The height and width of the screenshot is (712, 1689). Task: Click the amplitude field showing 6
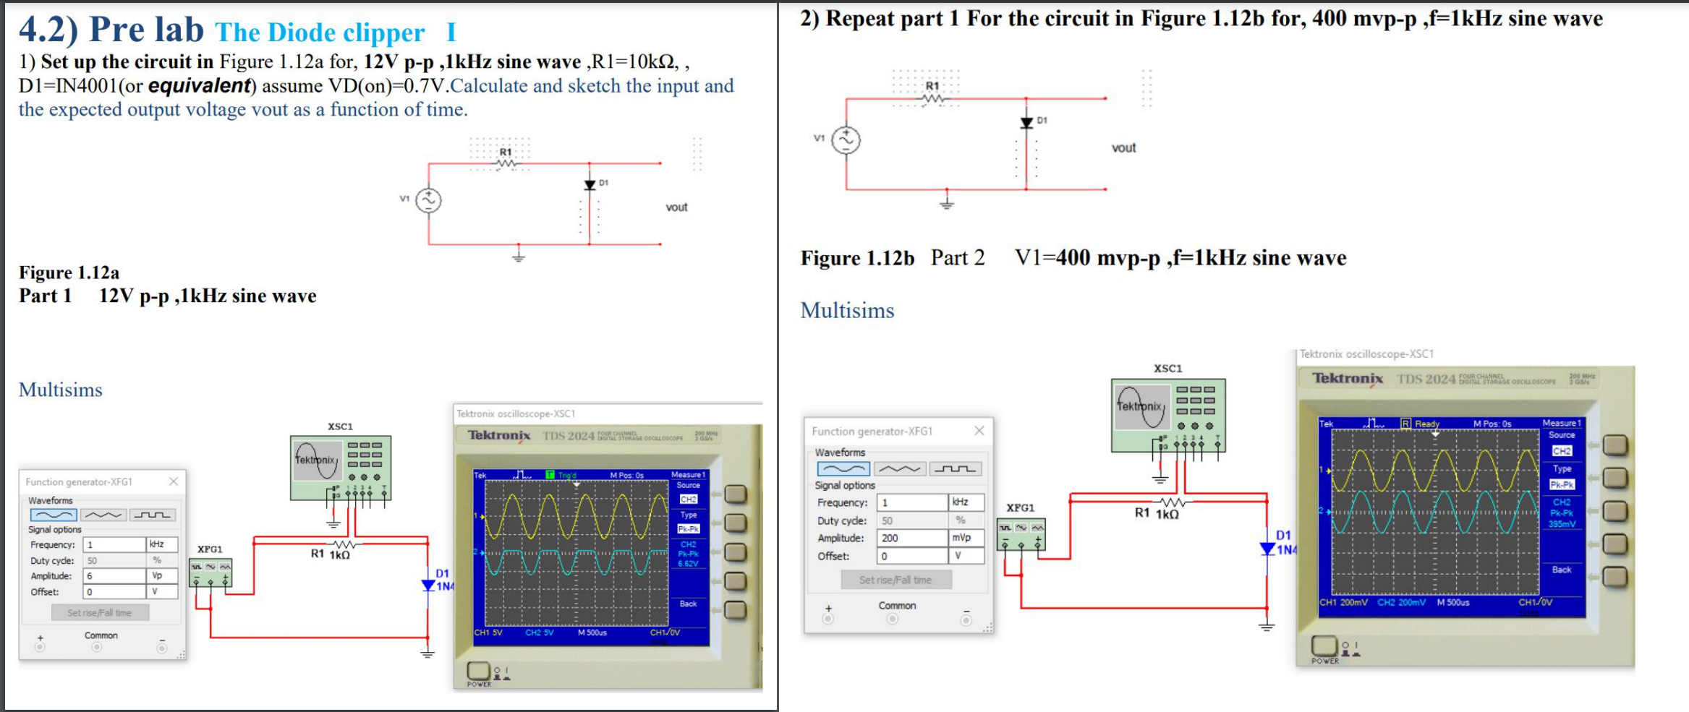pyautogui.click(x=114, y=576)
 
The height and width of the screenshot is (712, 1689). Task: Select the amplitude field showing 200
pyautogui.click(x=911, y=538)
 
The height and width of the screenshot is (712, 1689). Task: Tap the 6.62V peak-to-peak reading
pyautogui.click(x=688, y=564)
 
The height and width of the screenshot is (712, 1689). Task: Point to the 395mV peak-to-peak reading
pyautogui.click(x=1561, y=524)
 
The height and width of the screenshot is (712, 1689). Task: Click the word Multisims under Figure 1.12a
pyautogui.click(x=61, y=390)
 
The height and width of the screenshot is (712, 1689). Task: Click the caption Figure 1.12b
pyautogui.click(x=857, y=258)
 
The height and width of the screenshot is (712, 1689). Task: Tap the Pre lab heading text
pyautogui.click(x=147, y=30)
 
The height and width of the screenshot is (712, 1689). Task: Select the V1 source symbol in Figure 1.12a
pyautogui.click(x=428, y=200)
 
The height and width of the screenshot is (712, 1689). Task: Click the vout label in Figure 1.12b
pyautogui.click(x=1123, y=147)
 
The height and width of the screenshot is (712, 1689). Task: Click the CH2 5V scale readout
pyautogui.click(x=540, y=632)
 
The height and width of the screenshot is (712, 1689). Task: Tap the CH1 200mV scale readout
pyautogui.click(x=1343, y=602)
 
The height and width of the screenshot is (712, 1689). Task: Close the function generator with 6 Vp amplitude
pyautogui.click(x=174, y=481)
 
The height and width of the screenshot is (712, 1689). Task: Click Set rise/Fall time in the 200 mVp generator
pyautogui.click(x=895, y=580)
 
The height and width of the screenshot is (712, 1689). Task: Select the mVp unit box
pyautogui.click(x=965, y=538)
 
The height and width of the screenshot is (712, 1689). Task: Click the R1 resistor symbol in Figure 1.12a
pyautogui.click(x=506, y=163)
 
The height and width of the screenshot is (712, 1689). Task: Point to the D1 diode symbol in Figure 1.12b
pyautogui.click(x=1026, y=123)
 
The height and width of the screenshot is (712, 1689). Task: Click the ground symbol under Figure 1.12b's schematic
pyautogui.click(x=947, y=204)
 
